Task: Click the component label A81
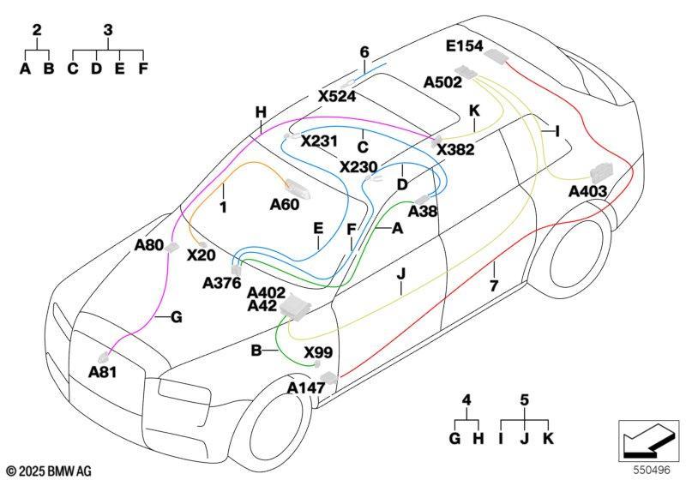[102, 372]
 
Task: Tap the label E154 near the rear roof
[464, 46]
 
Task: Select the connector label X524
[337, 96]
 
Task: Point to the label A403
[587, 191]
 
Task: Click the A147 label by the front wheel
[306, 387]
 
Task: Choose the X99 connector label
[318, 352]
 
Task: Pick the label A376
[222, 283]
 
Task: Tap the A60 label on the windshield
[285, 204]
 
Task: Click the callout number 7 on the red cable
[494, 286]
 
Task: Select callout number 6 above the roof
[364, 52]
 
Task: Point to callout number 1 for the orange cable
[223, 207]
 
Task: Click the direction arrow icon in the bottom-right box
[648, 441]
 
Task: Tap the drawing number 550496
[652, 470]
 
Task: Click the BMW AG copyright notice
[50, 471]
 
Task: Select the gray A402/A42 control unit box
[295, 308]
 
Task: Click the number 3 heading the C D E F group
[108, 30]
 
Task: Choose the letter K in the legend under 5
[548, 438]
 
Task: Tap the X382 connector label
[455, 150]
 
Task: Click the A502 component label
[442, 82]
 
